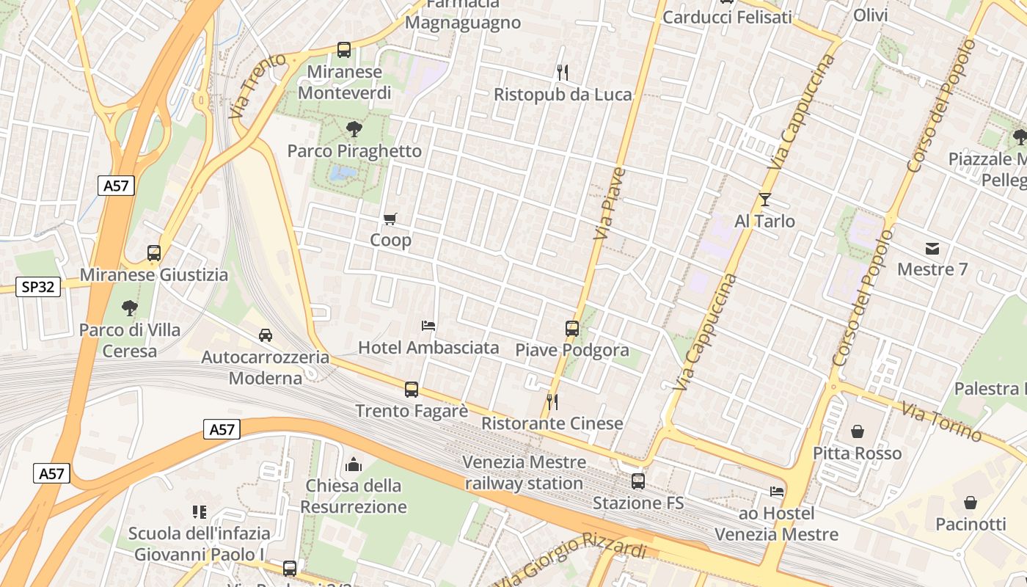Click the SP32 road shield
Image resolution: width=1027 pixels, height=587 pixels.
(x=38, y=287)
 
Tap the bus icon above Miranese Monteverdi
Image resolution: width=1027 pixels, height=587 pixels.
(x=344, y=50)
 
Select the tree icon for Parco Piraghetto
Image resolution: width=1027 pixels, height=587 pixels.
(x=354, y=129)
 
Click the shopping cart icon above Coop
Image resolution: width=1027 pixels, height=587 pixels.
(x=390, y=219)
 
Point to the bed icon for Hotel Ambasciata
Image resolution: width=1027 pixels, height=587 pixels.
(x=428, y=325)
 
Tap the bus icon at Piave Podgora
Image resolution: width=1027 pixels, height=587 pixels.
(x=572, y=328)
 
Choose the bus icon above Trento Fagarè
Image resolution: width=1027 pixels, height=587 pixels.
(x=412, y=389)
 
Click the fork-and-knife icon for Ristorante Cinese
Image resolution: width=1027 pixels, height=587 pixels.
(x=552, y=401)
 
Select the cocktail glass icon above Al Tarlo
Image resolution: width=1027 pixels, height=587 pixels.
(x=765, y=199)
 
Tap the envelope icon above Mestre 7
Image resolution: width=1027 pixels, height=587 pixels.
(x=932, y=248)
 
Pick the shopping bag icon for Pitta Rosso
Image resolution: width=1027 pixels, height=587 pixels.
(x=857, y=431)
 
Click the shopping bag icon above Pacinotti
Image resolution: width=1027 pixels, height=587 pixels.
(x=971, y=503)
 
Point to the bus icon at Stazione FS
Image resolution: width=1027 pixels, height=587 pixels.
(x=638, y=481)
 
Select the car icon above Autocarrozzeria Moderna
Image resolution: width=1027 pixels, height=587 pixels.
(x=266, y=335)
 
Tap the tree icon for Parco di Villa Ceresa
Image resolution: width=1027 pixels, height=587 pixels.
(x=130, y=307)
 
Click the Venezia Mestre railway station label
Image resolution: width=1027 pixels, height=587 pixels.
(x=524, y=473)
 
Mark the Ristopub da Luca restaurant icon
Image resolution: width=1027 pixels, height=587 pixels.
(x=563, y=72)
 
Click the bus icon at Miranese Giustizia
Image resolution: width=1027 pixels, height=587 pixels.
(x=154, y=253)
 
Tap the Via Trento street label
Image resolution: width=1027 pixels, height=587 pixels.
(x=257, y=86)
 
